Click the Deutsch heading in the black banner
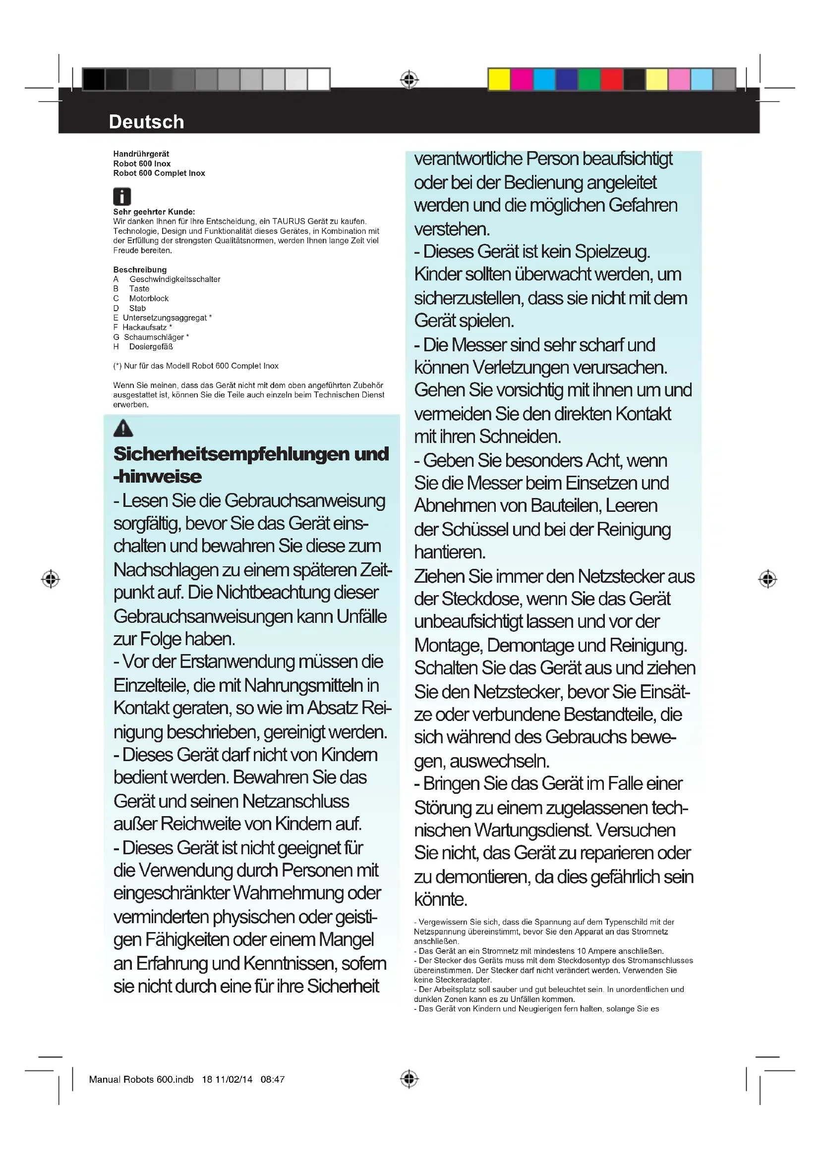pyautogui.click(x=146, y=122)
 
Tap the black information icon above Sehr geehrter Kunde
pyautogui.click(x=121, y=196)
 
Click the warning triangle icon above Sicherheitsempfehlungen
pyautogui.click(x=123, y=429)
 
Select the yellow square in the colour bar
pyautogui.click(x=499, y=80)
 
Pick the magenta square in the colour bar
pyautogui.click(x=522, y=80)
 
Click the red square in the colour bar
pyautogui.click(x=611, y=80)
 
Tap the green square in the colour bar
pyautogui.click(x=589, y=80)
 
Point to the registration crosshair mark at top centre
pyautogui.click(x=409, y=80)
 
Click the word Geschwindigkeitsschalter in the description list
pyautogui.click(x=175, y=279)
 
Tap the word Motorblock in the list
pyautogui.click(x=149, y=298)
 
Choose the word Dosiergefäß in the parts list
pyautogui.click(x=151, y=347)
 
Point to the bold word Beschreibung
pyautogui.click(x=140, y=270)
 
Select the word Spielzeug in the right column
pyautogui.click(x=612, y=251)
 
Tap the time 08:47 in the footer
pyautogui.click(x=273, y=1079)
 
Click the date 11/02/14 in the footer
pyautogui.click(x=234, y=1079)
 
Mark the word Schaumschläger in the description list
pyautogui.click(x=154, y=337)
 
